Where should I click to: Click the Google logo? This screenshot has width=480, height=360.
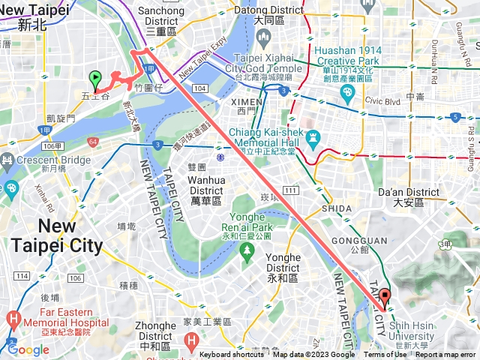point(28,349)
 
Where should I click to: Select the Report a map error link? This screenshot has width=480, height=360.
point(445,355)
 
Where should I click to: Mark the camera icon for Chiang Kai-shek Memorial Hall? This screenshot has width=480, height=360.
point(313,139)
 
